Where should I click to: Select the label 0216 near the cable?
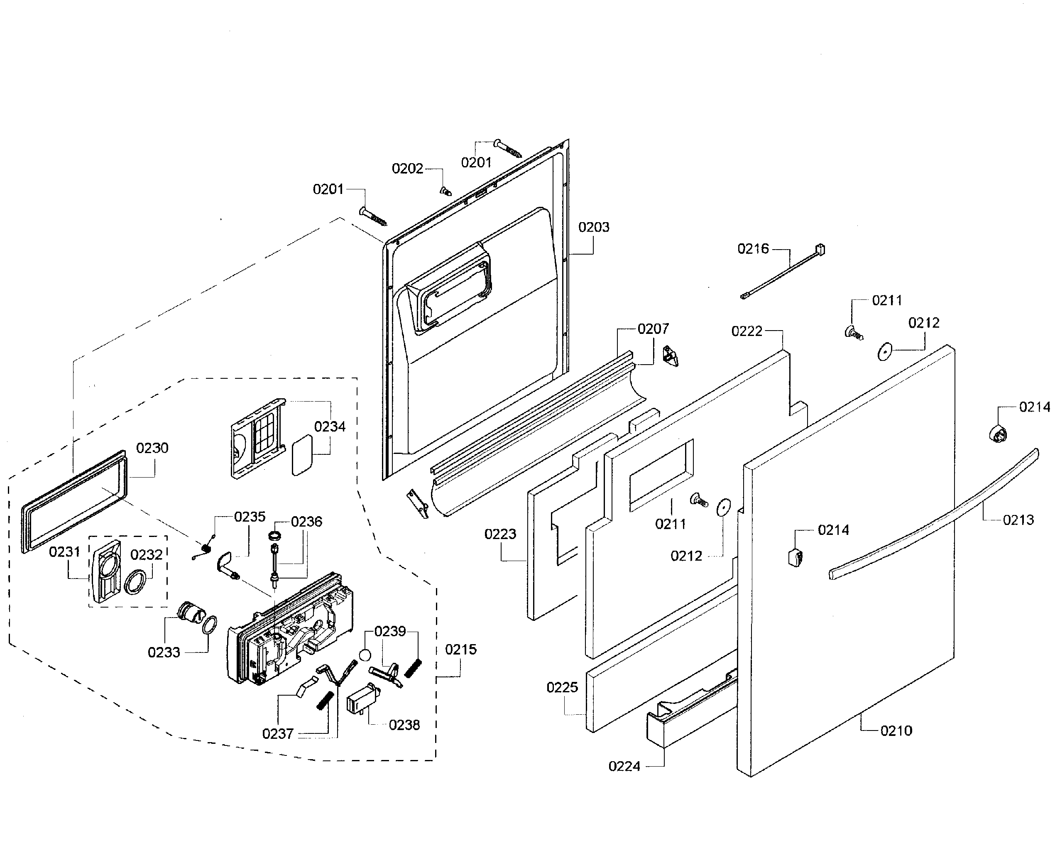[753, 249]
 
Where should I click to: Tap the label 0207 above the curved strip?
[653, 328]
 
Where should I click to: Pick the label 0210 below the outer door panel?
[896, 731]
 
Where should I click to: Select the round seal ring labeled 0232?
[135, 582]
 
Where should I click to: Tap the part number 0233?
[164, 652]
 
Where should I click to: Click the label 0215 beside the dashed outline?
[460, 650]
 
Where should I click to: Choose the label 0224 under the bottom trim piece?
[624, 766]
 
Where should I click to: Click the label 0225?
[562, 687]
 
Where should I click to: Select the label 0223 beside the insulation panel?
[500, 534]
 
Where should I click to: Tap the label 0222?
[747, 331]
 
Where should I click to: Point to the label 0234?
[330, 427]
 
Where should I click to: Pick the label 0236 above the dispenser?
[306, 522]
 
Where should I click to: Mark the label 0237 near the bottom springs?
[278, 734]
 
